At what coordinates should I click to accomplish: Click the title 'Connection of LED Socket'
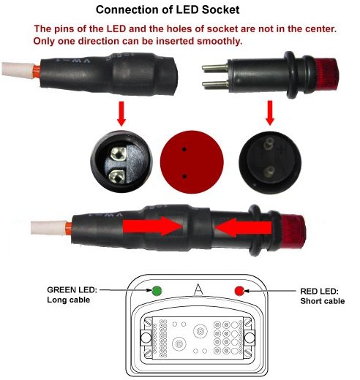[x=168, y=10]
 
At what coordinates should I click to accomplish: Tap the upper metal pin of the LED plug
[x=215, y=67]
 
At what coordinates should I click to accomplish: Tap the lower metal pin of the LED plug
[x=215, y=84]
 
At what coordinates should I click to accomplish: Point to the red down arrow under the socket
[x=121, y=113]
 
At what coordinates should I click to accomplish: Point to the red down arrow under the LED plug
[x=270, y=113]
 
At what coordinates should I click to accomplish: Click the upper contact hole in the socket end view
[x=119, y=154]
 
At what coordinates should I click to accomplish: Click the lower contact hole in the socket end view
[x=117, y=176]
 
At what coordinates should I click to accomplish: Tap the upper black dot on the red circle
[x=184, y=149]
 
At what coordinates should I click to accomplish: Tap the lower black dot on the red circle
[x=184, y=176]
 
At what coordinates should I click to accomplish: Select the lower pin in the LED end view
[x=269, y=171]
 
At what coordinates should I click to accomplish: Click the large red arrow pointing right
[x=152, y=227]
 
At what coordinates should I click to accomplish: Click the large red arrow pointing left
[x=243, y=227]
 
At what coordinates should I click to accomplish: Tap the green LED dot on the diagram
[x=157, y=291]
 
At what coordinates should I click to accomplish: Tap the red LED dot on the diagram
[x=239, y=291]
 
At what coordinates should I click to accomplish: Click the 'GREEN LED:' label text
[x=72, y=290]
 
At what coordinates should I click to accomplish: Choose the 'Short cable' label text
[x=323, y=301]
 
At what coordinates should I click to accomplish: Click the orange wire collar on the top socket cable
[x=37, y=72]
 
